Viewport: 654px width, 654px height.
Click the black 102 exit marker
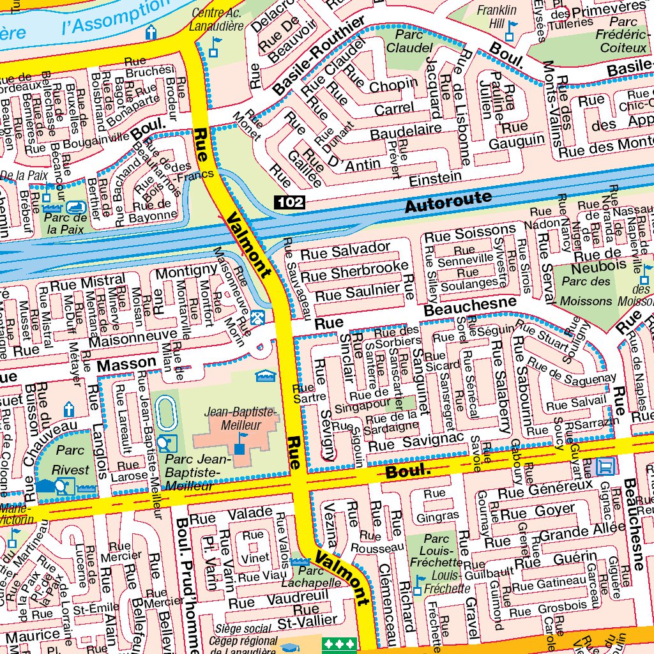pos(290,203)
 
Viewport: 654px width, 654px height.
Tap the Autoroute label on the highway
pos(448,202)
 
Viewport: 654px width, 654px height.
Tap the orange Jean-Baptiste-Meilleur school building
pos(236,441)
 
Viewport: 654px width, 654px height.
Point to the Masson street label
pos(126,365)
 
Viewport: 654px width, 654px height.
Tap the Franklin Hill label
pos(497,17)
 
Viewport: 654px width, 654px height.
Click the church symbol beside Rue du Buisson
pos(69,409)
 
